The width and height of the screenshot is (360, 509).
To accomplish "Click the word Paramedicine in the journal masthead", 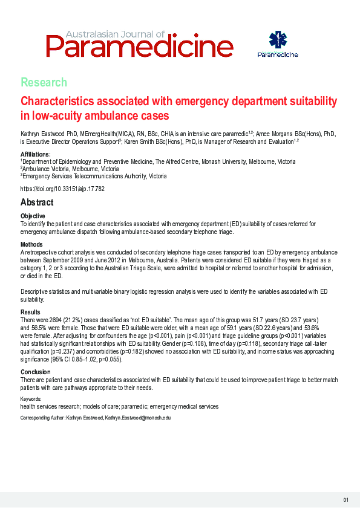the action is click(x=139, y=45).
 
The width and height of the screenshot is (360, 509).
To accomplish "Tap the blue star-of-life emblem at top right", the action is click(x=278, y=41).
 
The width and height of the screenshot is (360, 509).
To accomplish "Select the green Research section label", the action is click(x=44, y=82).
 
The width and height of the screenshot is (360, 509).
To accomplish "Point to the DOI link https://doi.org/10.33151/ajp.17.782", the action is click(x=63, y=189).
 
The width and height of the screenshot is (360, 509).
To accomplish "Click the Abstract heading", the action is click(x=37, y=203).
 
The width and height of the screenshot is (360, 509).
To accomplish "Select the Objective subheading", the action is click(x=33, y=216).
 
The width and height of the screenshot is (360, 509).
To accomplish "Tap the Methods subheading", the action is click(x=32, y=244).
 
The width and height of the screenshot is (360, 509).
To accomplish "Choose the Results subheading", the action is click(x=31, y=312).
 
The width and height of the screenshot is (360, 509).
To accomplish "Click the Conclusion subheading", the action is click(x=36, y=372).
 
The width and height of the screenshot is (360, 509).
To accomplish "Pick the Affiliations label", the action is click(x=35, y=155).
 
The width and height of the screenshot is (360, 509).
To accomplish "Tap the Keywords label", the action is click(x=31, y=400).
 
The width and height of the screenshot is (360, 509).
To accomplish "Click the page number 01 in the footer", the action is click(x=346, y=499).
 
